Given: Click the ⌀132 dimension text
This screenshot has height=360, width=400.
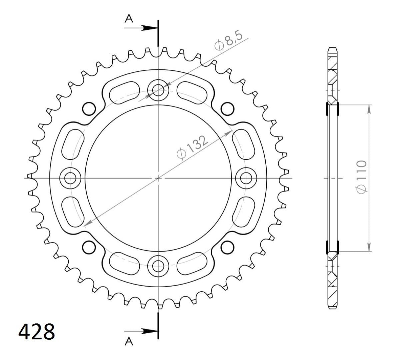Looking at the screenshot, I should [192, 148].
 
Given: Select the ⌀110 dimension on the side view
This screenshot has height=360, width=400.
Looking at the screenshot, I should [361, 177].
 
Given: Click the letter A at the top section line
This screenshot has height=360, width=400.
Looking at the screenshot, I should [129, 19].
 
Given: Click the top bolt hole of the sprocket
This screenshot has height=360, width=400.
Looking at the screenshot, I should [158, 89].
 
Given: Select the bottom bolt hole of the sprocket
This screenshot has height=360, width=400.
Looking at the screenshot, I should [158, 266].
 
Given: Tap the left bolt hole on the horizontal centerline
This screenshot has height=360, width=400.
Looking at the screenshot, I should [70, 178].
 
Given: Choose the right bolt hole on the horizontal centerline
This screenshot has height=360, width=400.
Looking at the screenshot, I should [246, 178].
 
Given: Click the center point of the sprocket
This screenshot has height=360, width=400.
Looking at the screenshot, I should [158, 178].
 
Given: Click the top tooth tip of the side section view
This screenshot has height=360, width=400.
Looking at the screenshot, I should [332, 49].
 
